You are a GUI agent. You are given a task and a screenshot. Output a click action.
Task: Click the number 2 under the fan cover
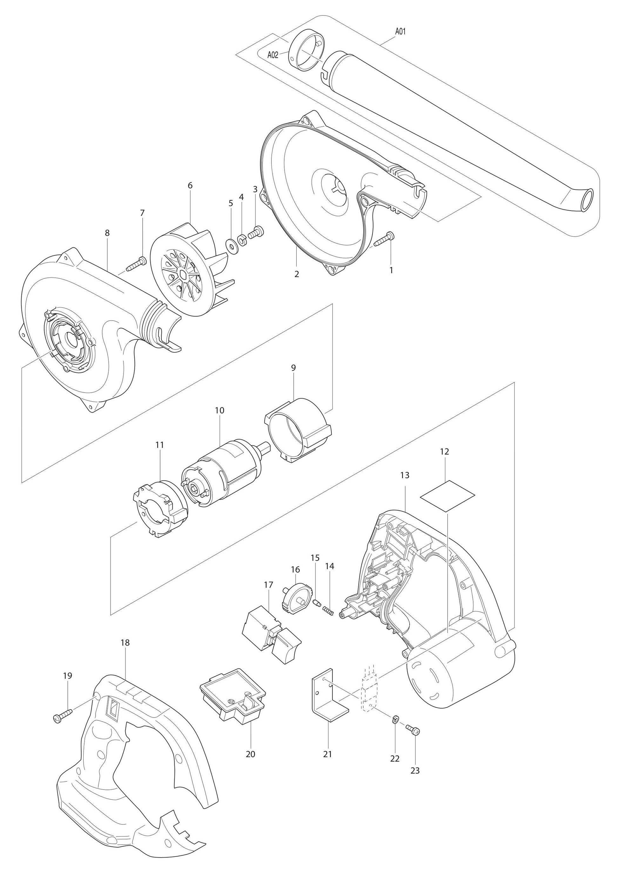coord(297,274)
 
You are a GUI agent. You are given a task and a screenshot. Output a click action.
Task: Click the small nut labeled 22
coord(395,719)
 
